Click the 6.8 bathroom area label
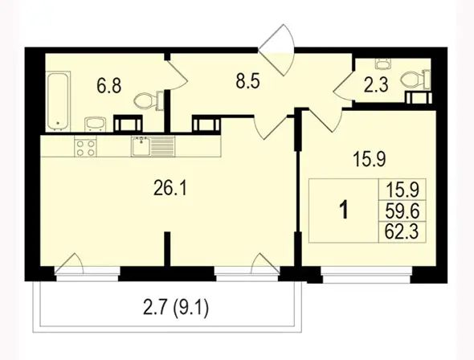(x=109, y=85)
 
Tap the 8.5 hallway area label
(x=248, y=81)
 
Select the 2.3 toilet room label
(x=376, y=85)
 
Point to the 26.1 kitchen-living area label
(x=170, y=189)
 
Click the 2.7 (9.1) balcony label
(x=176, y=309)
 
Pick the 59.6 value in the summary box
(x=402, y=211)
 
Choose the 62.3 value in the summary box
(x=402, y=232)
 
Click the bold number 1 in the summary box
(x=344, y=211)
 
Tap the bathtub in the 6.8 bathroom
(x=59, y=101)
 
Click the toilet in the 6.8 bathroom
(x=149, y=100)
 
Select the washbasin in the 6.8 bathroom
(x=96, y=125)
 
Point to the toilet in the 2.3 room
(x=415, y=80)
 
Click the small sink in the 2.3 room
(x=383, y=63)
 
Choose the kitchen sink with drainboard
(x=153, y=146)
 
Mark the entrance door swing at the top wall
(x=277, y=50)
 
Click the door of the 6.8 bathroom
(x=178, y=76)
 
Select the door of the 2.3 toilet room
(x=343, y=85)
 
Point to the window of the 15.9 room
(x=366, y=275)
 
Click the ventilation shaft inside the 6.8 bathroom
(x=128, y=123)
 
